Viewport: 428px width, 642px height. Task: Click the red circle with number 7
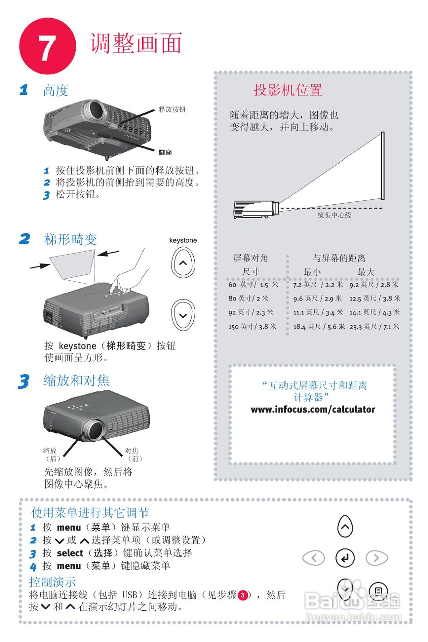pos(47,46)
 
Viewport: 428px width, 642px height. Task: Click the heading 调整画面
pos(135,43)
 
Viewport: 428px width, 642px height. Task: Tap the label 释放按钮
pos(172,109)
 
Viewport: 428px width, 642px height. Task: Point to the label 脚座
pos(165,152)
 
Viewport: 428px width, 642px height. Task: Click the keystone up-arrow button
pos(183,263)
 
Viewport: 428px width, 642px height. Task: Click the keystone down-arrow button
pos(183,315)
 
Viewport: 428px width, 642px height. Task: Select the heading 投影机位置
pos(288,91)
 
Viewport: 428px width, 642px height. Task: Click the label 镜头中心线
pos(334,215)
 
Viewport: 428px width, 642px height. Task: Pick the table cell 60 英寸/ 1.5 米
pos(253,285)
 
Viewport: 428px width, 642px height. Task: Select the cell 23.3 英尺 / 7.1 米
pos(374,327)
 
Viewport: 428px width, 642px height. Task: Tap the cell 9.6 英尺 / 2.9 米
pos(317,299)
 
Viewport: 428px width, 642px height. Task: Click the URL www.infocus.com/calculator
pos(313,410)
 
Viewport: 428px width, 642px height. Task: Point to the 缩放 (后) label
pos(52,454)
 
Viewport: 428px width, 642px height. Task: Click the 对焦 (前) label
pos(133,454)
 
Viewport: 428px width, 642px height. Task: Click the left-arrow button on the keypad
pos(314,558)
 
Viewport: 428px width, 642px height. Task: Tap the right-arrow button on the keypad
pos(376,558)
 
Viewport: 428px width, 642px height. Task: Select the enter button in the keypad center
pos(345,558)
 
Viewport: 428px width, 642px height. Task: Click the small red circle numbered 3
pos(242,595)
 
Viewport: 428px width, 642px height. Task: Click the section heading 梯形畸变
pos(71,239)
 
